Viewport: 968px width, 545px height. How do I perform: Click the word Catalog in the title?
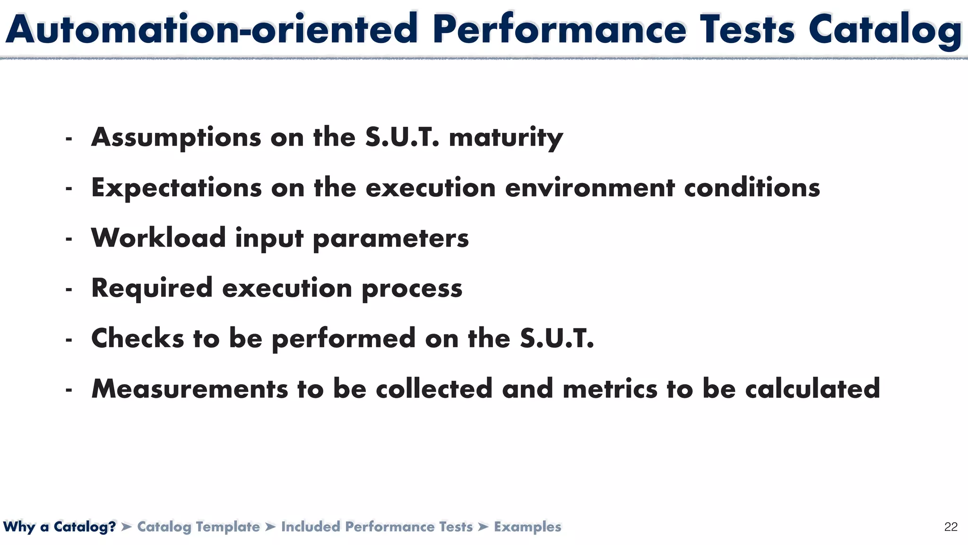tap(885, 29)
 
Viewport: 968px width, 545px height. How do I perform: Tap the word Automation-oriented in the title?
tap(211, 29)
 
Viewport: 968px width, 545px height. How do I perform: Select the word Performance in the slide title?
tap(559, 29)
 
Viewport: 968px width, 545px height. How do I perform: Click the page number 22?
tap(951, 527)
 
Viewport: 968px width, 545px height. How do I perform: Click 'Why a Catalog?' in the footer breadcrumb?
tap(60, 527)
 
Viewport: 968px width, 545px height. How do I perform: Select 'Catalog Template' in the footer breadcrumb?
tap(199, 527)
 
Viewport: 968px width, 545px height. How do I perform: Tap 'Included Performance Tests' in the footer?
tap(377, 527)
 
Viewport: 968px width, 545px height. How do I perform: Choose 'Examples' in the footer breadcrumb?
tap(527, 527)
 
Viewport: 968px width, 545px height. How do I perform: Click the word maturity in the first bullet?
tap(506, 138)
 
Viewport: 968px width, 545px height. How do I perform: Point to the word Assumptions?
tap(176, 138)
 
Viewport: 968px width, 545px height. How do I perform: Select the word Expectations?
tap(176, 188)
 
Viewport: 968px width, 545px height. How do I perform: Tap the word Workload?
tap(158, 237)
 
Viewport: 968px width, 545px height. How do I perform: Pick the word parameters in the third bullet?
tap(391, 238)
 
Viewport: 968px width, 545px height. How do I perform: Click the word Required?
tap(152, 288)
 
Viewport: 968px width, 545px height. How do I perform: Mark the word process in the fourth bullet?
tap(412, 289)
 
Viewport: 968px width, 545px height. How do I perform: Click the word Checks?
tap(138, 338)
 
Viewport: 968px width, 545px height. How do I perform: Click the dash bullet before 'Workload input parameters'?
tap(69, 239)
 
